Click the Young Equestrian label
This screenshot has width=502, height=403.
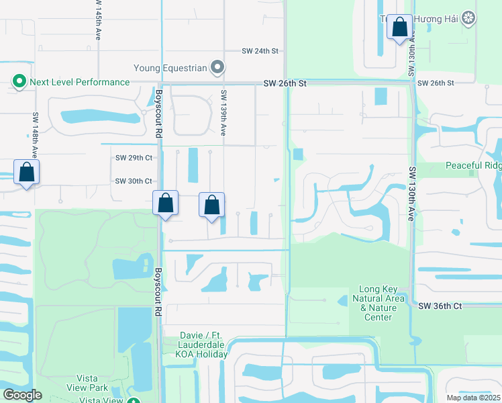170,68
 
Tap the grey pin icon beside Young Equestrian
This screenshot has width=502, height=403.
217,67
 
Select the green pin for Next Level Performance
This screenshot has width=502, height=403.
19,83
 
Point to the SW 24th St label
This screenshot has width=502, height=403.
260,51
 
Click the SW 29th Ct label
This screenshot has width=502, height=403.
134,158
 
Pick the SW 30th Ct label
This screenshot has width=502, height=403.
134,181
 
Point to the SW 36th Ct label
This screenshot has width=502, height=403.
440,306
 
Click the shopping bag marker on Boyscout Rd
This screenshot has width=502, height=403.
165,203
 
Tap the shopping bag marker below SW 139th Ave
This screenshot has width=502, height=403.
211,205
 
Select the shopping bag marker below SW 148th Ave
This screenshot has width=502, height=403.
26,172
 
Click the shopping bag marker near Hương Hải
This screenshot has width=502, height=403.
400,28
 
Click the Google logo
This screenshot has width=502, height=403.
22,395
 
